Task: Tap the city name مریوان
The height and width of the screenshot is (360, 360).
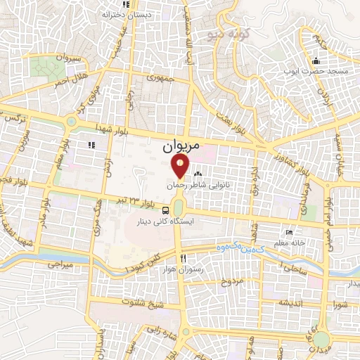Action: click(181, 146)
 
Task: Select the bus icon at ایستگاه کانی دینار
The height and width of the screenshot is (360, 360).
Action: click(165, 210)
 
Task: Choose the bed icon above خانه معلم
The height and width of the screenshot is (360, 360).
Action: click(288, 233)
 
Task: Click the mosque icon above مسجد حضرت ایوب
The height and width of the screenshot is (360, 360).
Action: click(316, 60)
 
